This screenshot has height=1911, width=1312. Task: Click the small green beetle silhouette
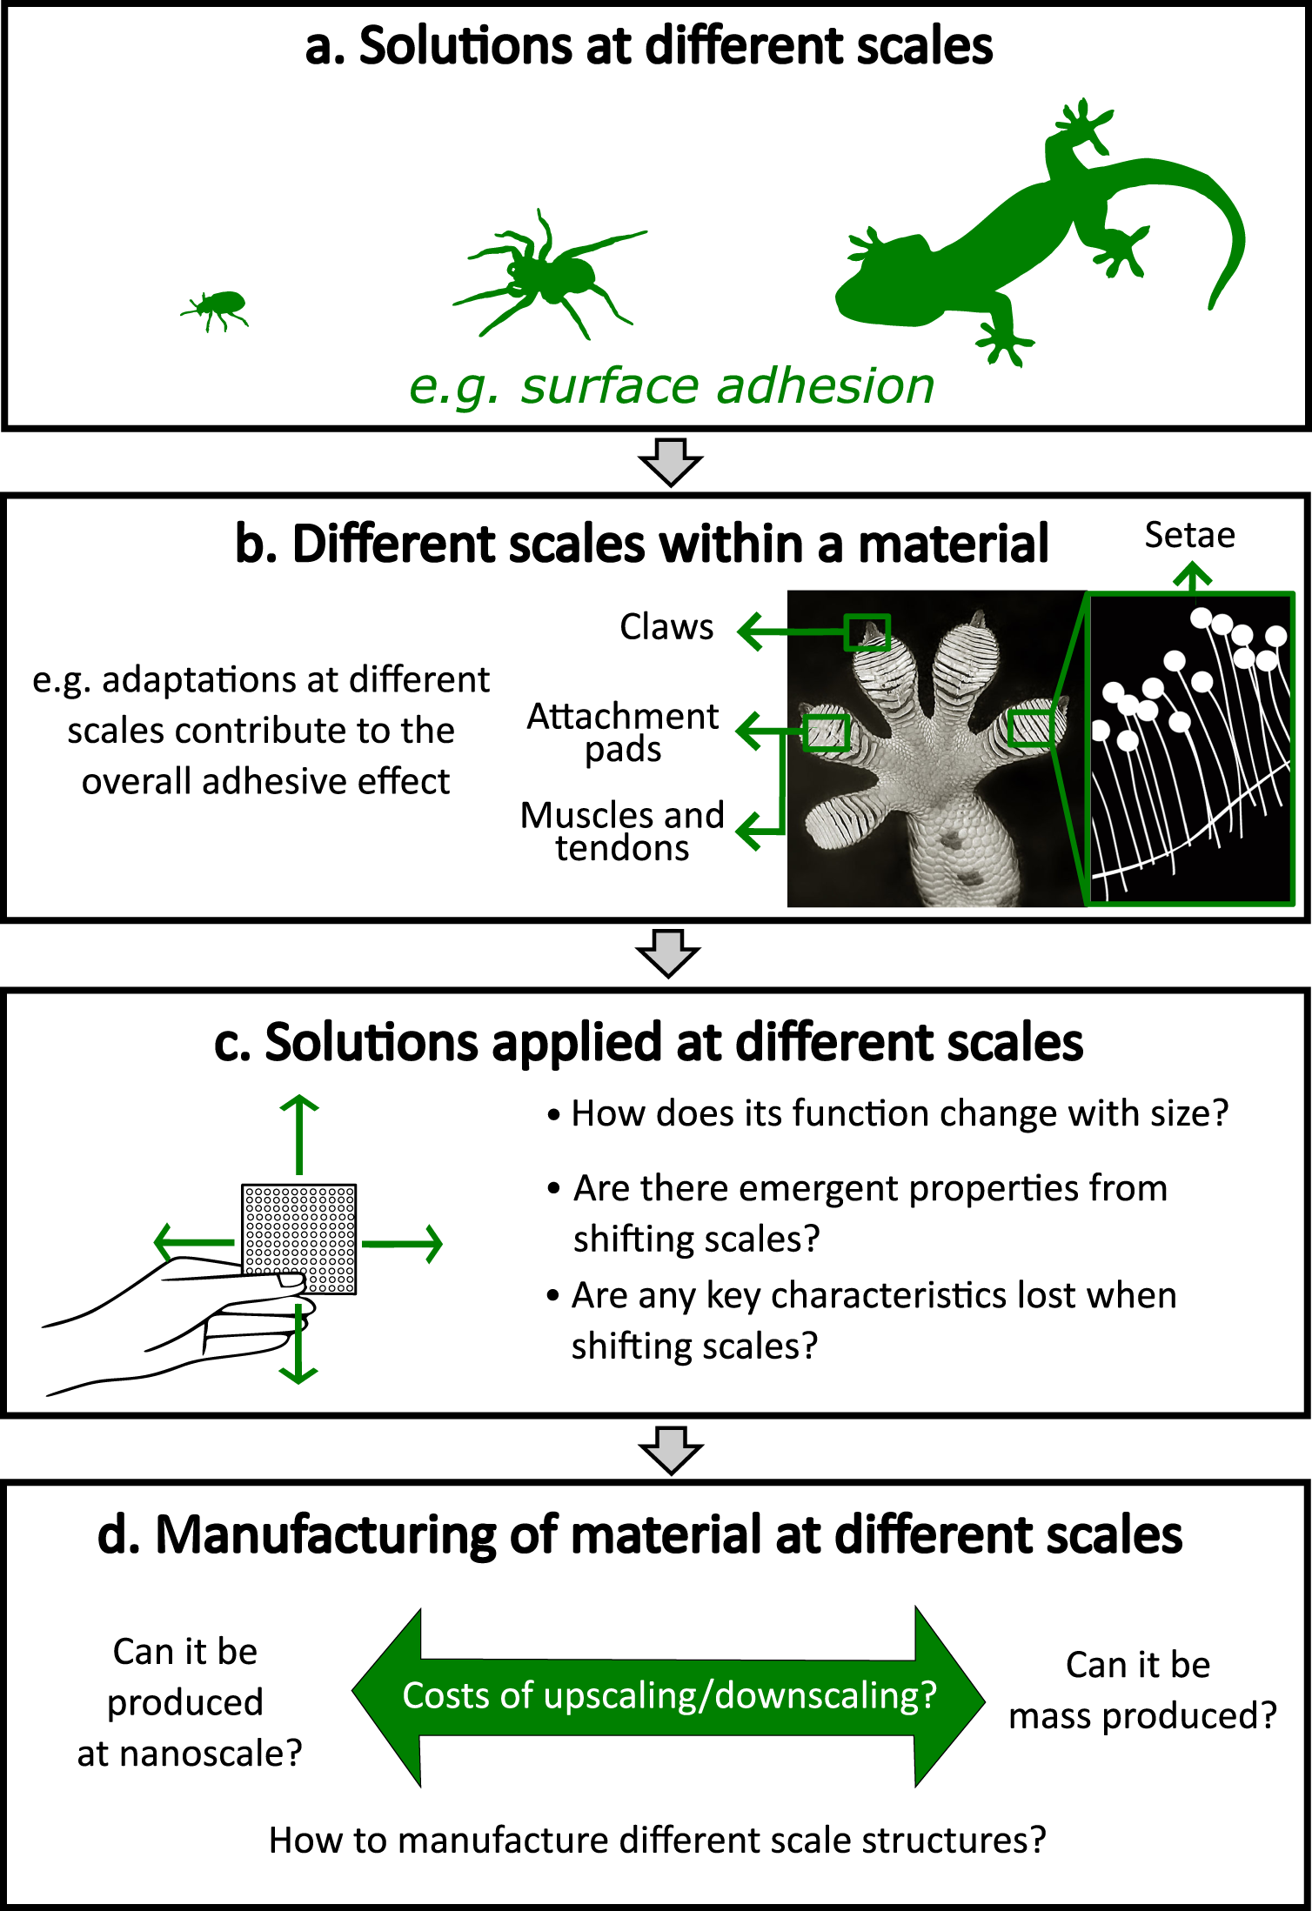(218, 309)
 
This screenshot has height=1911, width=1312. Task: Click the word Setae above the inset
(1189, 535)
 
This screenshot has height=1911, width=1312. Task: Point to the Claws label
(666, 627)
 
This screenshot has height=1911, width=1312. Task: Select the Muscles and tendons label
(623, 832)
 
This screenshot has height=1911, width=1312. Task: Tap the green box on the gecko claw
(867, 632)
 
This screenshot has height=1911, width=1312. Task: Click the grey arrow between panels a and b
(670, 462)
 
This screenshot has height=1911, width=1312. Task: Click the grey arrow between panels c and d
(670, 1450)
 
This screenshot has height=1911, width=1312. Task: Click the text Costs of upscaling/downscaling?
(669, 1695)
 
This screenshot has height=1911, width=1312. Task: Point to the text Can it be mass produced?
(1141, 1690)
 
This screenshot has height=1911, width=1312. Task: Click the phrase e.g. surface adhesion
(672, 386)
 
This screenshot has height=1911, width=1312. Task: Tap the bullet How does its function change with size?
(899, 1113)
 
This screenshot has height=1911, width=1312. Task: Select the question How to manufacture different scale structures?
(657, 1840)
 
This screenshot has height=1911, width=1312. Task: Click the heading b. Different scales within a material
(641, 545)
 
